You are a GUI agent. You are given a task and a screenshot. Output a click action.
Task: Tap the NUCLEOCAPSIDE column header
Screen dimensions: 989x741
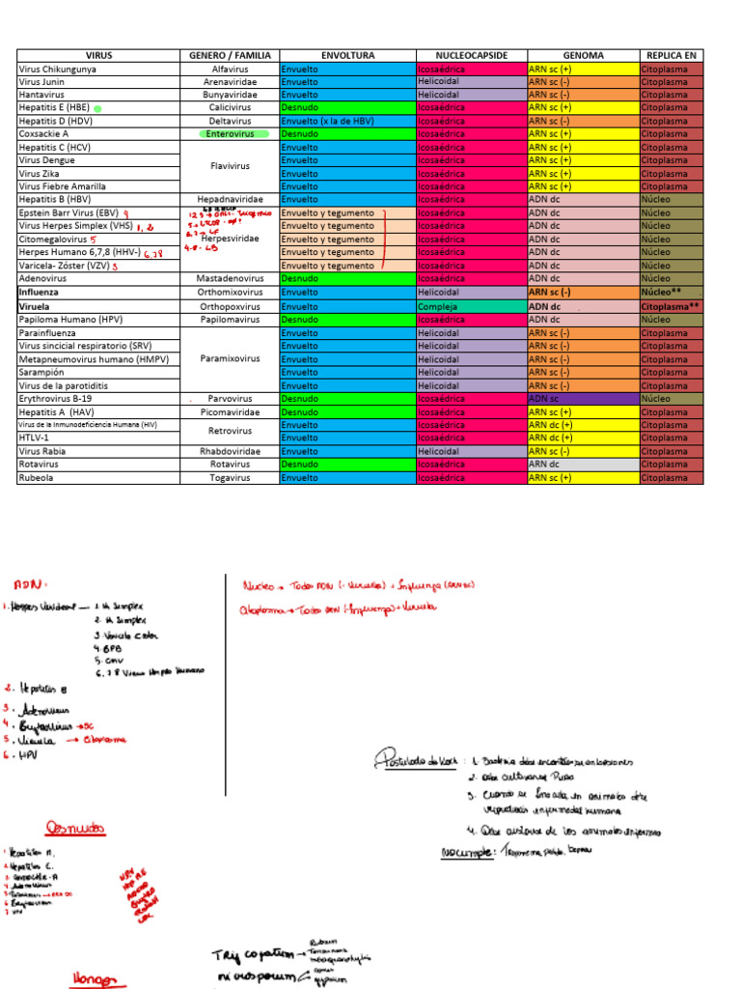click(x=471, y=56)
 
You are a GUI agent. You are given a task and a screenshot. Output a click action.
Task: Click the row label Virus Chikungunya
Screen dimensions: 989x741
click(x=58, y=70)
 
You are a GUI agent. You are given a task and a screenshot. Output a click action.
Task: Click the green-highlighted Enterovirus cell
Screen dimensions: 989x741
click(x=230, y=134)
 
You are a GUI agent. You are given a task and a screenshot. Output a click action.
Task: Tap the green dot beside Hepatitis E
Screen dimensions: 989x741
click(x=97, y=109)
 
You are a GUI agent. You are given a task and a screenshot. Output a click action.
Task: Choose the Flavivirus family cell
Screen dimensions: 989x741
click(x=230, y=166)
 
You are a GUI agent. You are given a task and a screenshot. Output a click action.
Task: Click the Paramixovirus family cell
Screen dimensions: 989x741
click(x=230, y=358)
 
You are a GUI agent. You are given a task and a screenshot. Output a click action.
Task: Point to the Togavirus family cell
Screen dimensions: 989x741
click(x=230, y=477)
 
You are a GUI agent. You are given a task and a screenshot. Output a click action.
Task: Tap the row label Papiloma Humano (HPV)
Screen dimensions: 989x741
click(x=69, y=318)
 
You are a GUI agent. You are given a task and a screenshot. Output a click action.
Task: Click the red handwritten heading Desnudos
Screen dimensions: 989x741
click(x=75, y=828)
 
